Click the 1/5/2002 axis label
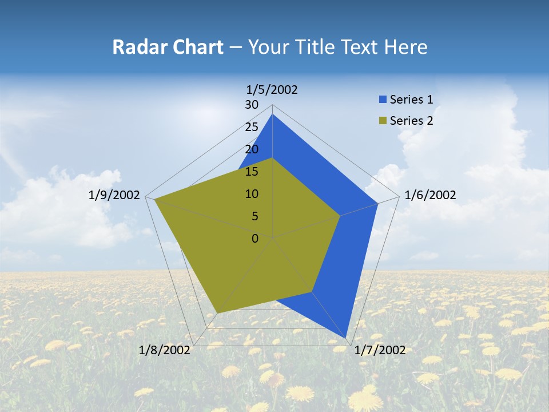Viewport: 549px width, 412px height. [272, 89]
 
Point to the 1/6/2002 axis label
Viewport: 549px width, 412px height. [430, 195]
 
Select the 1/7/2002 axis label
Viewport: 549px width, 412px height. [380, 350]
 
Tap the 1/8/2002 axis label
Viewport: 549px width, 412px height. [165, 350]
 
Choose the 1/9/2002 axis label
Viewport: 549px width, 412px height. [114, 195]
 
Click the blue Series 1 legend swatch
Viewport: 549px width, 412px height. [383, 100]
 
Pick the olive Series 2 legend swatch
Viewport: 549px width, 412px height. [383, 121]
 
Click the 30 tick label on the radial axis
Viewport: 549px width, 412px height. [252, 105]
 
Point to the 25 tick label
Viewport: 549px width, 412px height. [252, 127]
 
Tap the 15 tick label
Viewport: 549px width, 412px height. [252, 172]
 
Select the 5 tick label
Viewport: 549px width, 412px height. [254, 216]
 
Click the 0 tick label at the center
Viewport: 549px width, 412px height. [255, 239]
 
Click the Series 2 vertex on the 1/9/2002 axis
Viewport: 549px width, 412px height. [154, 199]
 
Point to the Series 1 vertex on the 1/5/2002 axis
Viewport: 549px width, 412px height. [273, 114]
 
